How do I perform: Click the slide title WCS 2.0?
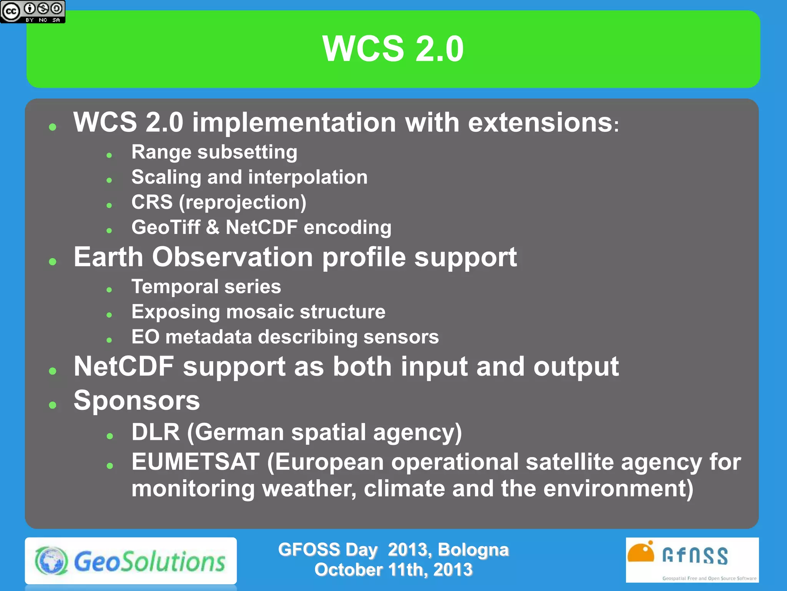click(x=393, y=49)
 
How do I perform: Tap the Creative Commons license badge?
click(x=32, y=12)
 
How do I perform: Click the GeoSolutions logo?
click(x=131, y=561)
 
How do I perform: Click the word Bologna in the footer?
click(x=473, y=550)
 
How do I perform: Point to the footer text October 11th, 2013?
click(x=393, y=570)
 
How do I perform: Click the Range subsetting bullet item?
click(x=214, y=152)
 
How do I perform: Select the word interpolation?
click(x=307, y=177)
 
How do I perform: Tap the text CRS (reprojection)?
click(x=219, y=202)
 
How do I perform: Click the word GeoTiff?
click(x=166, y=227)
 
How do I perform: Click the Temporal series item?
click(x=206, y=287)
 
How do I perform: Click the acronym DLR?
click(x=155, y=432)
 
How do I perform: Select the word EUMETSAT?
click(x=195, y=462)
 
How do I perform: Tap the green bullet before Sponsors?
click(x=53, y=405)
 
